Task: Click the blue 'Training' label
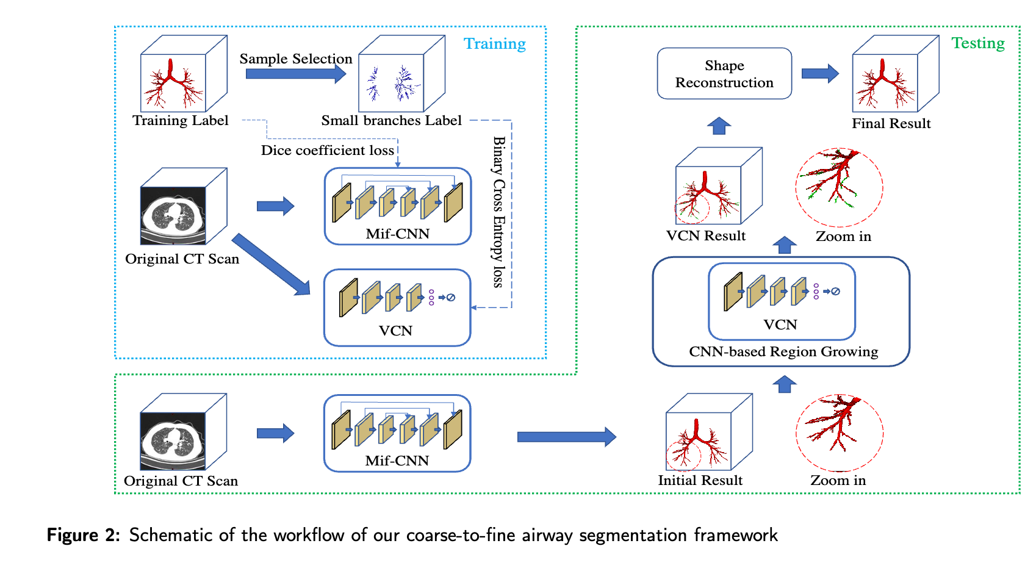(494, 44)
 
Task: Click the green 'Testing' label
(977, 43)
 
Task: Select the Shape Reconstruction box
(724, 74)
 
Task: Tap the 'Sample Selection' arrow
(295, 74)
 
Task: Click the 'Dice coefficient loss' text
(327, 150)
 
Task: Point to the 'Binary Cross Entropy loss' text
(498, 212)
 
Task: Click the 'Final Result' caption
(891, 124)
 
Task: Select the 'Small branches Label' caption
(391, 121)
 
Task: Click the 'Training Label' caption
(181, 121)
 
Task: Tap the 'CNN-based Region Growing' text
(783, 352)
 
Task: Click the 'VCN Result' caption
(705, 236)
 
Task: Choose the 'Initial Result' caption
(700, 481)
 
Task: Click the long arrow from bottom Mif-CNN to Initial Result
(566, 437)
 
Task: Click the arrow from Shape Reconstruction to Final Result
(819, 74)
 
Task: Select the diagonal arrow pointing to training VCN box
(272, 264)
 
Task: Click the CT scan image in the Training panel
(173, 215)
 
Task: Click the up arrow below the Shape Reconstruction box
(719, 126)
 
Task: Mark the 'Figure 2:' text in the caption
(83, 535)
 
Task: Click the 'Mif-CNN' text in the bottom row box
(397, 461)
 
